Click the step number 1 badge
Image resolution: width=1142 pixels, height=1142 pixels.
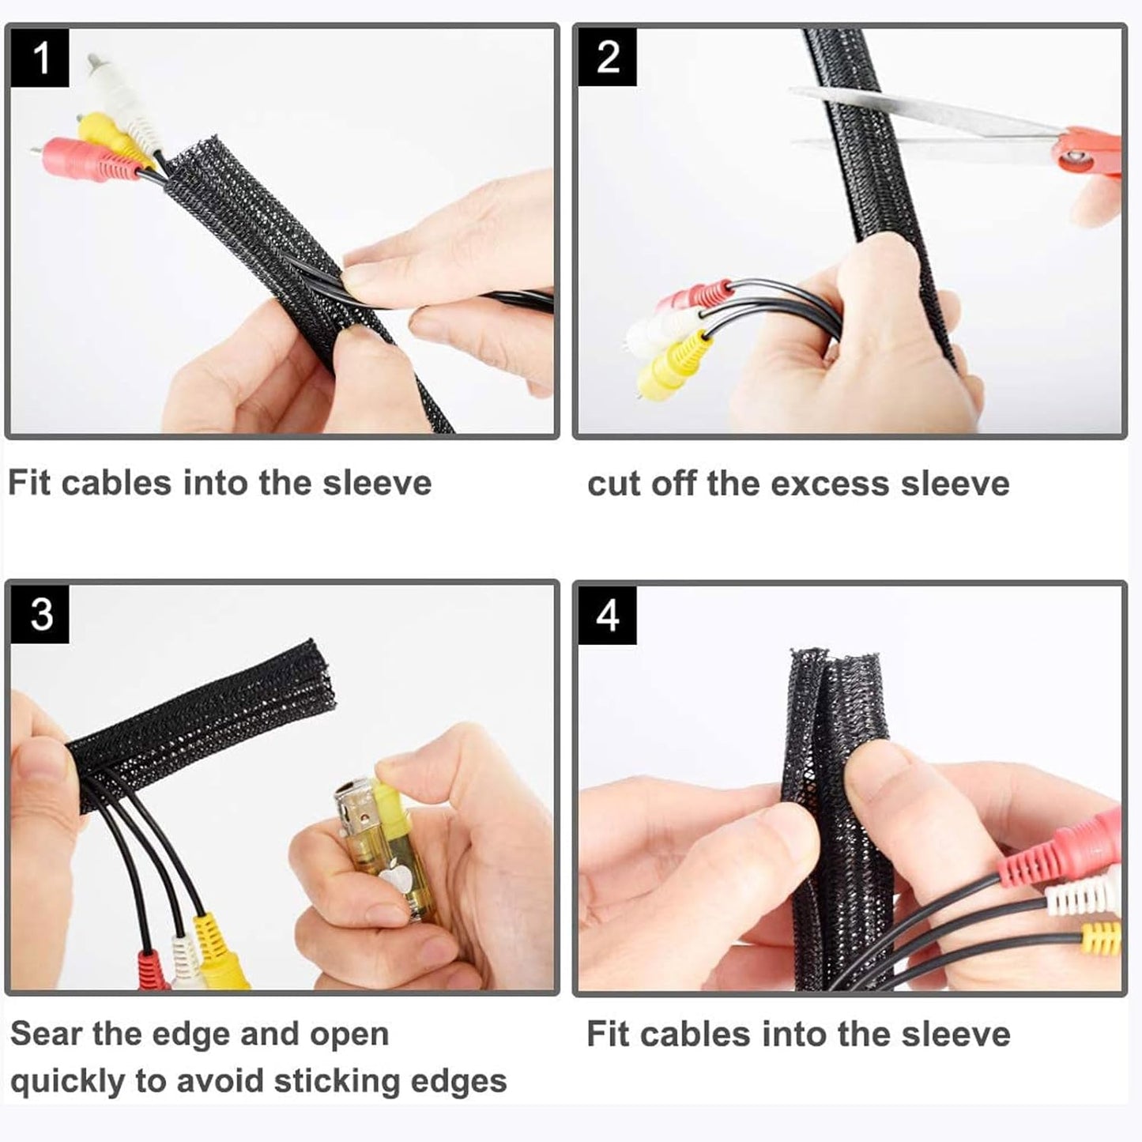tap(40, 58)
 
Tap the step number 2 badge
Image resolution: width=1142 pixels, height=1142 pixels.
tap(607, 58)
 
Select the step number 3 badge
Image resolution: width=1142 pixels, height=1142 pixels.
tap(40, 614)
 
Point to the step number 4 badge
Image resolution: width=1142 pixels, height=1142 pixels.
tap(607, 614)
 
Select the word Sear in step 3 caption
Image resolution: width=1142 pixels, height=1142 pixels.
tap(45, 1034)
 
